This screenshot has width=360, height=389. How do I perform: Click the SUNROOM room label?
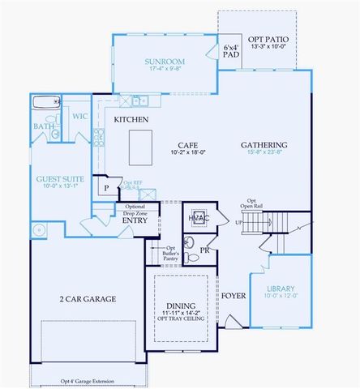click(165, 62)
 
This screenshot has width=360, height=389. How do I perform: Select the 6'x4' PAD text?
click(231, 52)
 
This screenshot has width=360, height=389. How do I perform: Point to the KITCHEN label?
click(131, 119)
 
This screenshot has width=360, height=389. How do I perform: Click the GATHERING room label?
click(264, 145)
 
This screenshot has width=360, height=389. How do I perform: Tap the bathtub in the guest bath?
click(43, 103)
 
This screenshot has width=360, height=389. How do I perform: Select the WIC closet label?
click(79, 117)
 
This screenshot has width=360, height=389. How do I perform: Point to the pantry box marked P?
click(105, 187)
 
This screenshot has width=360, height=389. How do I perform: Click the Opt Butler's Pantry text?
click(171, 252)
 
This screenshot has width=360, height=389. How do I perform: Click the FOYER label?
click(235, 296)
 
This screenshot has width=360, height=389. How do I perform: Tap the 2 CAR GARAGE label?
click(87, 299)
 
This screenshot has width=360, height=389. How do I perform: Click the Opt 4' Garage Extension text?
click(87, 381)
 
